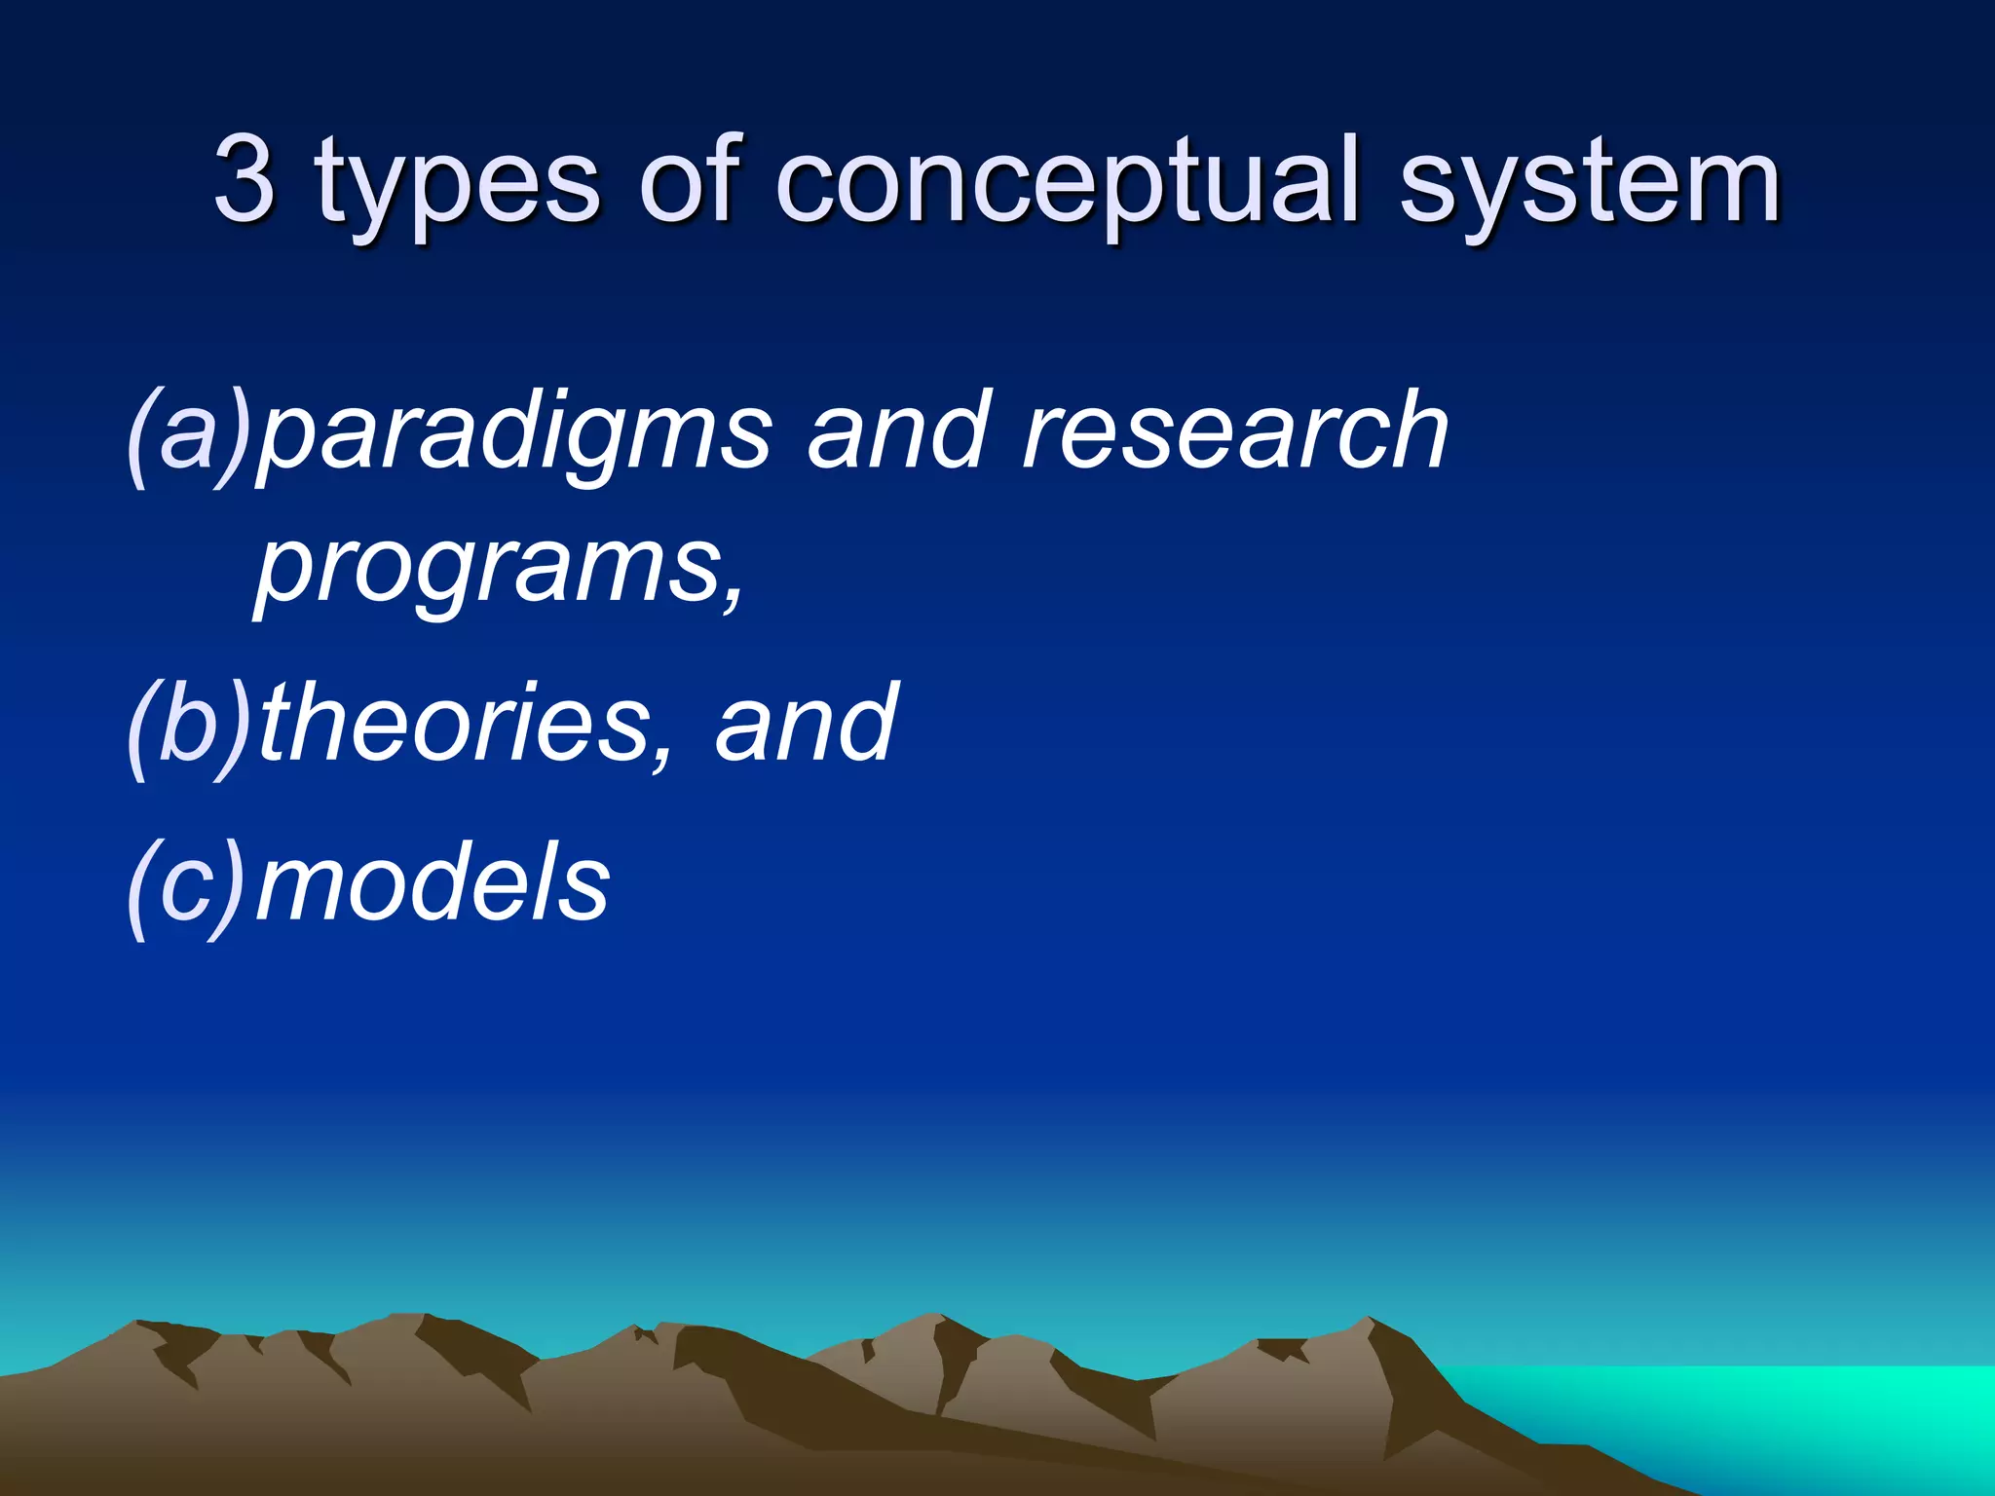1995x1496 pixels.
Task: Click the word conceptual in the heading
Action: click(1066, 185)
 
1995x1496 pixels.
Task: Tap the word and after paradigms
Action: click(896, 430)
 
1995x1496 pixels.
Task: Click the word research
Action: click(1235, 430)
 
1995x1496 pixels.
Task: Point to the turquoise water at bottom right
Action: click(1753, 1412)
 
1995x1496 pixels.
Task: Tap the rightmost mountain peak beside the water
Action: click(1369, 1322)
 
